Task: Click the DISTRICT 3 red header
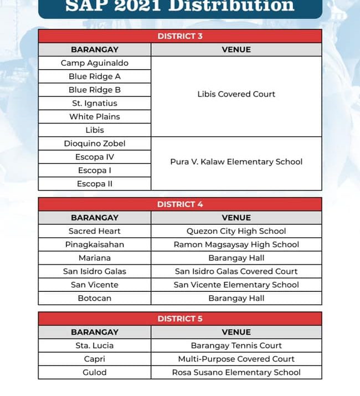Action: [180, 36]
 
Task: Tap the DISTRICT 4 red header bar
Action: [180, 204]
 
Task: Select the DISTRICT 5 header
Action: [180, 318]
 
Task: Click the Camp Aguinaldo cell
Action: [95, 63]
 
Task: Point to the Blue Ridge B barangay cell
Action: [95, 90]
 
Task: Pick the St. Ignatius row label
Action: [95, 103]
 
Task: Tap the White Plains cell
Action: [95, 116]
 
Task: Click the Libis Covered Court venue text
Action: [236, 94]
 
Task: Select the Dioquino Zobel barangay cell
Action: [95, 143]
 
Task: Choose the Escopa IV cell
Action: [95, 157]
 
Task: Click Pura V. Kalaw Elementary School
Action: [236, 162]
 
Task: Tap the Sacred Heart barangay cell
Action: [95, 231]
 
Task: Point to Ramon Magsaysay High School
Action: [236, 244]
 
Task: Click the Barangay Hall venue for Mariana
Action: [236, 258]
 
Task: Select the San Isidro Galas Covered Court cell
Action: [236, 271]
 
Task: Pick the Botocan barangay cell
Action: [95, 298]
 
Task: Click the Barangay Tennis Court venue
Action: [236, 346]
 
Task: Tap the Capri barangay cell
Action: [95, 359]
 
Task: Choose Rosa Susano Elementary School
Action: [236, 372]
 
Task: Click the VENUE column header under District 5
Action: [236, 332]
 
